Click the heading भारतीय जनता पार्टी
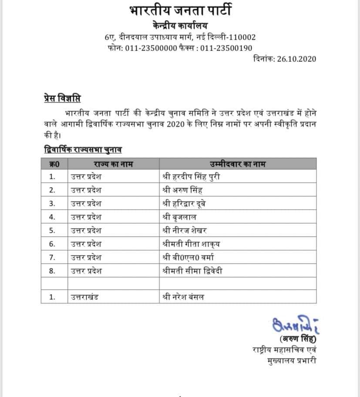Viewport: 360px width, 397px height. tap(180, 10)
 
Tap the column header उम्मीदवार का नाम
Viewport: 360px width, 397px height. tap(238, 164)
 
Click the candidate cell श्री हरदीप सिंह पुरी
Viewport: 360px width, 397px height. tap(194, 177)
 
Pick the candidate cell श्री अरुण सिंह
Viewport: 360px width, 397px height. tap(182, 190)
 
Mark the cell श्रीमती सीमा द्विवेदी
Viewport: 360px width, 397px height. tap(192, 270)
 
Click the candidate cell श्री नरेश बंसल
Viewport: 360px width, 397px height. tap(182, 297)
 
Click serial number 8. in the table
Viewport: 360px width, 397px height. tap(52, 270)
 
